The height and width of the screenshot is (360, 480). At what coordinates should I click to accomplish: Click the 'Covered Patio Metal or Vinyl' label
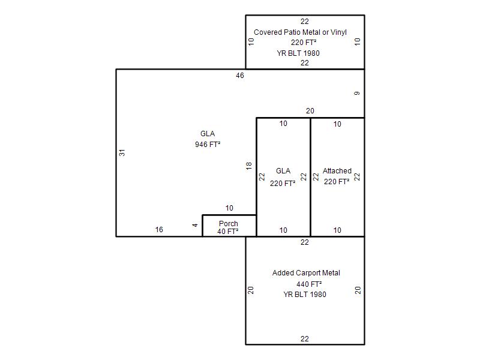click(x=300, y=32)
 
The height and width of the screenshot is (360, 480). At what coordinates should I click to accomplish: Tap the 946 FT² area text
click(x=208, y=145)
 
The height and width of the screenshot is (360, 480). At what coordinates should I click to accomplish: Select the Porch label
click(x=228, y=224)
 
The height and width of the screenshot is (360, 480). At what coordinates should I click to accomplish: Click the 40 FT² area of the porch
click(x=228, y=231)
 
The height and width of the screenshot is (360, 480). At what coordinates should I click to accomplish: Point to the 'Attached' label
click(x=337, y=171)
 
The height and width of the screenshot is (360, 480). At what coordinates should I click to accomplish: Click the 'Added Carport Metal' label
click(x=306, y=273)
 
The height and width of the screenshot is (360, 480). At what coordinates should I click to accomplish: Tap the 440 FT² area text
click(x=309, y=284)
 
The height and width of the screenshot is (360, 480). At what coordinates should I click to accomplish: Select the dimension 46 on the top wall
click(x=240, y=76)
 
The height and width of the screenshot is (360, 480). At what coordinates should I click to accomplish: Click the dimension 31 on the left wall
click(x=122, y=152)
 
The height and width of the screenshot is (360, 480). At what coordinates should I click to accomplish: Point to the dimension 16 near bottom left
click(x=159, y=230)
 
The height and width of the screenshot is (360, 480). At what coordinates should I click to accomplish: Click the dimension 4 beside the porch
click(x=195, y=225)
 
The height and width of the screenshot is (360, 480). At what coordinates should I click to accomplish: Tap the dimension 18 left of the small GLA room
click(x=249, y=166)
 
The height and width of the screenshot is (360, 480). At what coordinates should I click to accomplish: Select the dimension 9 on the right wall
click(x=357, y=94)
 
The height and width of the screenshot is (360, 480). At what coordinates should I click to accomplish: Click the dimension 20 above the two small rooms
click(x=310, y=111)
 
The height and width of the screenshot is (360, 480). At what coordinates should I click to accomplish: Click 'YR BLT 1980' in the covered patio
click(x=298, y=53)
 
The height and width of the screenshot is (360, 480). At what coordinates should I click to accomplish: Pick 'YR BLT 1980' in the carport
click(x=305, y=295)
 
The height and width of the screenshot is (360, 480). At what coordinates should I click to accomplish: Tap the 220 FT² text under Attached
click(x=337, y=181)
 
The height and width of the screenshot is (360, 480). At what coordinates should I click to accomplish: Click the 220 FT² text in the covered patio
click(x=304, y=43)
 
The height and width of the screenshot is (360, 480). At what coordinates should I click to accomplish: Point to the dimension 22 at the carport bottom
click(x=305, y=339)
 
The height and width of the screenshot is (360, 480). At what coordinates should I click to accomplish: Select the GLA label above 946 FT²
click(x=208, y=134)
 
